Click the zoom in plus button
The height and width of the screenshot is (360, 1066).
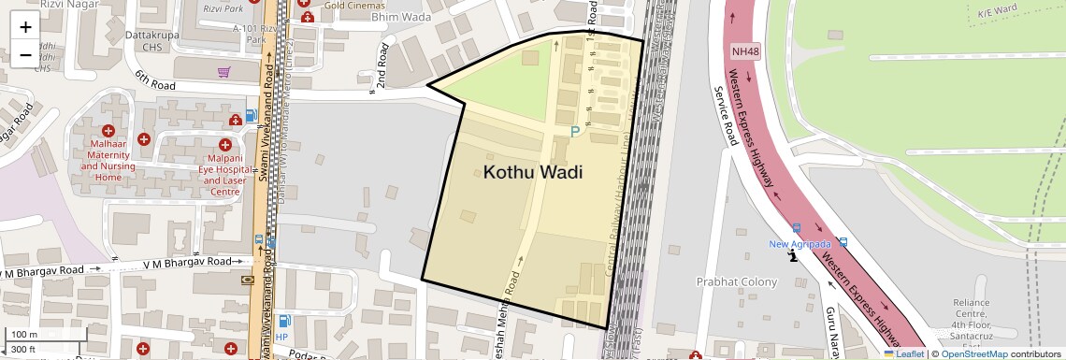[x=25, y=26]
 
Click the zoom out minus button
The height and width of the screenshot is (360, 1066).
[x=25, y=54]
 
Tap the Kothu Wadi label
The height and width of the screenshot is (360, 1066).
[x=532, y=172]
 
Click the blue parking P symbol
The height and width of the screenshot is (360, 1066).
[x=575, y=134]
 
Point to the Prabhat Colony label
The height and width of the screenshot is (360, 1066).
[x=737, y=281]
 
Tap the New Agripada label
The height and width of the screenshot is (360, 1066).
[x=799, y=244]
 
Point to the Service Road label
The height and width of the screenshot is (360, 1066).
[x=726, y=116]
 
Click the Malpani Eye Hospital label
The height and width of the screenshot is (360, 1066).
[x=224, y=174]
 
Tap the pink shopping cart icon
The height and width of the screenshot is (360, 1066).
[x=224, y=72]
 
